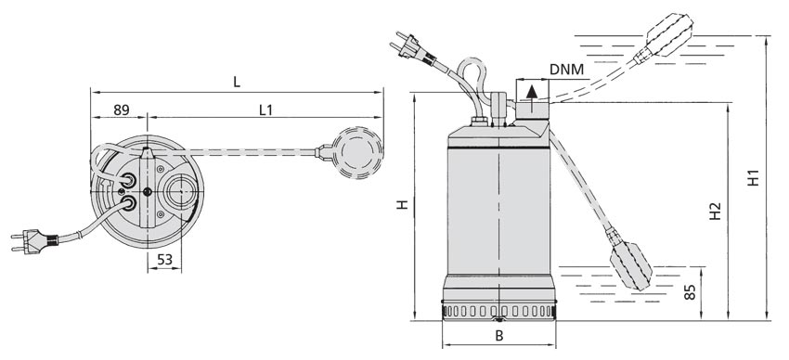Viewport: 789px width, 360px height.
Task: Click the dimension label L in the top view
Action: [x=237, y=82]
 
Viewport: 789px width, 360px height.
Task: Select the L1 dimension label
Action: [x=265, y=110]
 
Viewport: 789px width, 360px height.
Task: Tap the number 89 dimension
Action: [x=122, y=110]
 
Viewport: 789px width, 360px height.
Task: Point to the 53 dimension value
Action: [x=164, y=260]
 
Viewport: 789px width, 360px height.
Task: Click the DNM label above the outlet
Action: [x=566, y=70]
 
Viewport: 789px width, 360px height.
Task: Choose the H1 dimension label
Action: [x=754, y=177]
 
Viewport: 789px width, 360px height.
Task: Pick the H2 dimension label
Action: [x=715, y=212]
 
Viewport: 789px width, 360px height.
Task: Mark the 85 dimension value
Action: [x=691, y=292]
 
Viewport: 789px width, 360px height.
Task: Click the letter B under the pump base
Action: [x=499, y=336]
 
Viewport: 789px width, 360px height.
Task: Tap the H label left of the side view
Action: [x=402, y=205]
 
